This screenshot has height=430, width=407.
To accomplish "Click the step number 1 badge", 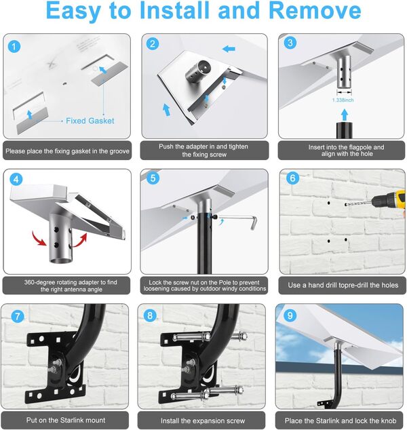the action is coord(14,47).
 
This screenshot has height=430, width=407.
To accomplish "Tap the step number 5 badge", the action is coord(153,178).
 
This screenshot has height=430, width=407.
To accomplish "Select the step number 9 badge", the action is coord(290,315).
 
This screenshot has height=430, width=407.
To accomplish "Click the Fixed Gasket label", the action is coord(90,121).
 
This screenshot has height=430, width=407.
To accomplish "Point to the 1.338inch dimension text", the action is coord(343,100).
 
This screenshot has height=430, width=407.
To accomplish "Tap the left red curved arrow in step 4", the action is coord(39,239).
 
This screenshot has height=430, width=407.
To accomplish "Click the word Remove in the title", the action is coord(315,10).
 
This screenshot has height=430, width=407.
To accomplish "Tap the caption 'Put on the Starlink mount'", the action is coord(66,420).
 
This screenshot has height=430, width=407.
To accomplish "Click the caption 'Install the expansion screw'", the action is coord(203,421).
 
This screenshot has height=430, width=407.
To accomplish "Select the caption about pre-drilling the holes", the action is coord(343,286).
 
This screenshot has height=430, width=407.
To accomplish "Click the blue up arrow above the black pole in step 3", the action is coord(345,115).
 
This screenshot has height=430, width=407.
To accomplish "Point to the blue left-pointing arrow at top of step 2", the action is coord(229,49).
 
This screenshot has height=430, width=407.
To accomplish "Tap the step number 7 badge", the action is coord(17,316).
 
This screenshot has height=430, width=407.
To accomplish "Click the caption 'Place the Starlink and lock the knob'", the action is coord(341,421).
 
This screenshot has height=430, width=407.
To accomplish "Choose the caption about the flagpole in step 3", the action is coord(347,151).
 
